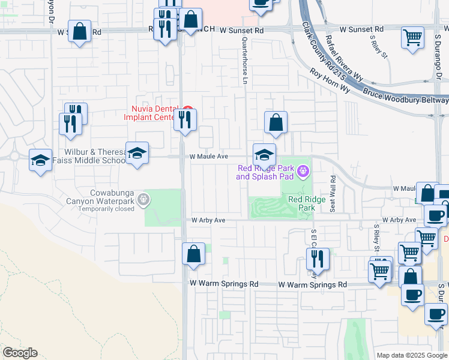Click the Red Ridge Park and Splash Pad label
[x=265, y=172]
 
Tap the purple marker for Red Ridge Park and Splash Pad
[x=304, y=173]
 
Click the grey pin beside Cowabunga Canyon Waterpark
[x=143, y=199]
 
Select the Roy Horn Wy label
[x=330, y=80]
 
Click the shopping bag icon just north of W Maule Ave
[x=276, y=122]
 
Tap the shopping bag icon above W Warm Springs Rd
[x=193, y=254]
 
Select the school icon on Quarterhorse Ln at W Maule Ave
[x=264, y=155]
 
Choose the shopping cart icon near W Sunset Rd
[x=412, y=38]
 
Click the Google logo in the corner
[x=20, y=353]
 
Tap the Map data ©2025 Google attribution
[x=411, y=355]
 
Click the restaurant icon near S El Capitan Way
[x=317, y=259]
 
